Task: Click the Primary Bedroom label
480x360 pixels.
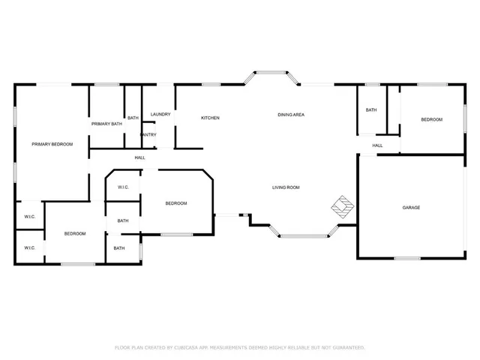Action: (52, 144)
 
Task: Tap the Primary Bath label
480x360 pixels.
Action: (106, 124)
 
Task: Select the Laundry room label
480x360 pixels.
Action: (160, 115)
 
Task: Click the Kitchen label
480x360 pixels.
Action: (210, 118)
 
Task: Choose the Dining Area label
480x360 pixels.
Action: (290, 115)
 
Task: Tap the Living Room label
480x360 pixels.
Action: (286, 187)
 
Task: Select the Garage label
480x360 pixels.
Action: (411, 208)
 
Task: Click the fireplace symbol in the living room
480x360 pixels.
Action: (343, 207)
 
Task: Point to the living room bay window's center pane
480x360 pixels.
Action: (304, 236)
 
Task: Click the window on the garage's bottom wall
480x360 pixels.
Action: (407, 259)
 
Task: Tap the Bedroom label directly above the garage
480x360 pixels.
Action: (431, 120)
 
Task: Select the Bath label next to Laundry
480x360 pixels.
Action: (133, 118)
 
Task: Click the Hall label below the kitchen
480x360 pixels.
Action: (139, 157)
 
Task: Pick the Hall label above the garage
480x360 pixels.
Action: (377, 145)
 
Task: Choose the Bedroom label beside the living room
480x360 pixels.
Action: (175, 204)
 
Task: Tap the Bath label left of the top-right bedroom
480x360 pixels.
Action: (370, 110)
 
